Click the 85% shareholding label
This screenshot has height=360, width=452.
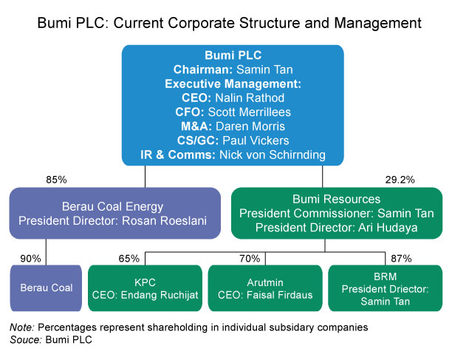tap(56, 180)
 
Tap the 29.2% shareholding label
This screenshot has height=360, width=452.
tap(400, 180)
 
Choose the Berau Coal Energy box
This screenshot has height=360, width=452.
tap(114, 213)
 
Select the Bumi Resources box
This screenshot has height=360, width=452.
tap(336, 213)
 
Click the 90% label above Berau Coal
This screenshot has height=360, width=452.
tap(30, 258)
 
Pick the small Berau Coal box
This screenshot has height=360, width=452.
tap(45, 287)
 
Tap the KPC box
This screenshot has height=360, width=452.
tap(144, 287)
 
